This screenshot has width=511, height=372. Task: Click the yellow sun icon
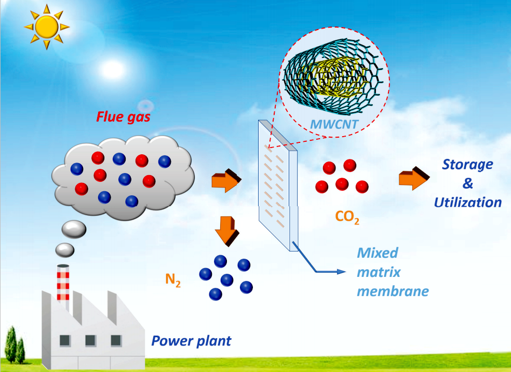[x=47, y=27]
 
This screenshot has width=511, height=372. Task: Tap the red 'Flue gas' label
[x=123, y=117]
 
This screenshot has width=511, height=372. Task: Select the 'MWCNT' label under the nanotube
[x=334, y=124]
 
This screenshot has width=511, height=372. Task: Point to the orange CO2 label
[x=347, y=217]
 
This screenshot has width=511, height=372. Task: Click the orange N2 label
[x=173, y=280]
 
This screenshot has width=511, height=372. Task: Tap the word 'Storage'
[x=467, y=165]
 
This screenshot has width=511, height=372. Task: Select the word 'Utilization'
[x=468, y=203]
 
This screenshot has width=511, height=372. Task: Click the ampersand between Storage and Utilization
[x=468, y=183]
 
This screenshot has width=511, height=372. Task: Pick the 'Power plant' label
[x=191, y=341]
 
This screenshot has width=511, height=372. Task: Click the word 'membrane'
[x=393, y=291]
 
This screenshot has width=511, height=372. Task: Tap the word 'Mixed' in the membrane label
[x=378, y=253]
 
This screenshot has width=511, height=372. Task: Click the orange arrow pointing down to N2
[x=227, y=231]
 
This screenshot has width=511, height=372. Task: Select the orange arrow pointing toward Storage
[x=414, y=178]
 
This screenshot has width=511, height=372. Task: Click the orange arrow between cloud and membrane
[x=226, y=180]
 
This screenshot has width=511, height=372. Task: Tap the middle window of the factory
[x=90, y=341]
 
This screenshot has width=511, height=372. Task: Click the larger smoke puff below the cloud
[x=74, y=229]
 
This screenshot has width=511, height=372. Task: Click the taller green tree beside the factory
[x=11, y=344]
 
